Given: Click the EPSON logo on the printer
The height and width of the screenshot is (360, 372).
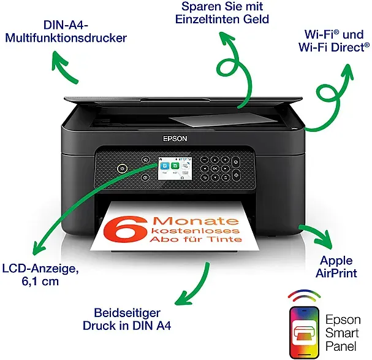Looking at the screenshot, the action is tap(175, 139).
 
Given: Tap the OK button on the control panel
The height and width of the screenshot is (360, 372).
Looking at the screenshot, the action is tap(215, 169).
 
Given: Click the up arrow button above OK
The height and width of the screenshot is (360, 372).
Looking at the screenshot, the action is tap(215, 160).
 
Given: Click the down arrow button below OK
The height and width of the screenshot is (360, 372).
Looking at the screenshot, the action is tap(215, 177).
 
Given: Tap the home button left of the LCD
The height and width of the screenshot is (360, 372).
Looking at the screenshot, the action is tap(146, 160).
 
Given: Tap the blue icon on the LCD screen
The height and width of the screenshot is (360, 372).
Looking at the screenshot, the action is tap(165, 166).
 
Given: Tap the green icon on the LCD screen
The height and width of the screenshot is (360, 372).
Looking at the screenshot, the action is tap(175, 166).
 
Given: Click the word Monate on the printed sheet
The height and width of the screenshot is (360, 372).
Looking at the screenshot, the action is tap(195, 221).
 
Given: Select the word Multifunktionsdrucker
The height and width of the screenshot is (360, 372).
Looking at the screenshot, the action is tap(66, 38).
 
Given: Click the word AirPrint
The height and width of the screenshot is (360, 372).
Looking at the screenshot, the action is tap(336, 273).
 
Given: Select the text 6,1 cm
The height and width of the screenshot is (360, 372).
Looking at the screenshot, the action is tap(40, 281).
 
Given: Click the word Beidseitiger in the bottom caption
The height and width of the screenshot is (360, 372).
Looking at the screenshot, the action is tap(127, 313).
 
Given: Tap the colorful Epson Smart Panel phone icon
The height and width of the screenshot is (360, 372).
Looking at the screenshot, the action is tap(304, 332).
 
